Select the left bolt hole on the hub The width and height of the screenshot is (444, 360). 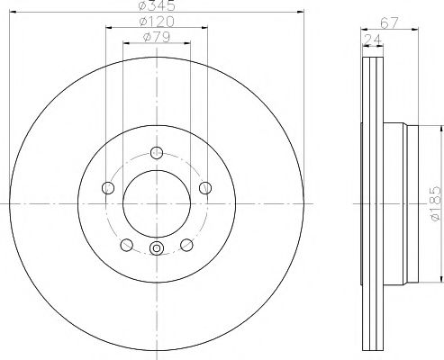tap(108, 187)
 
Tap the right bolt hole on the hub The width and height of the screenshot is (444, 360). tap(205, 187)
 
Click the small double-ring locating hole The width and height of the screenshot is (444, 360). tap(156, 249)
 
